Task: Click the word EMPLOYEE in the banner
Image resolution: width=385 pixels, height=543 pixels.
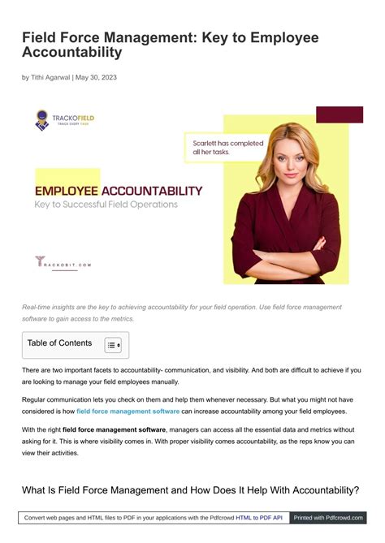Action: coord(67,192)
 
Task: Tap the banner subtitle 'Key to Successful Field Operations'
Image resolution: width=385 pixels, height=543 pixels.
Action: coord(106,205)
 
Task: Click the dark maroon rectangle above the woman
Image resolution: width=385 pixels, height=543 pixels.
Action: coord(339,114)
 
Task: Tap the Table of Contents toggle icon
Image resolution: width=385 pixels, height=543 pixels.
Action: coord(113,346)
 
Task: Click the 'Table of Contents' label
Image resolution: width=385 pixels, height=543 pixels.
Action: coord(59,343)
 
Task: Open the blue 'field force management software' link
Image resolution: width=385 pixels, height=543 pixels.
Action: coord(128,412)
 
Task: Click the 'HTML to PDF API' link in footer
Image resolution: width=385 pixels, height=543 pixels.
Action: coord(259,517)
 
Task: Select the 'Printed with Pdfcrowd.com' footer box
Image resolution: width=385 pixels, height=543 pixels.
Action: coord(328,517)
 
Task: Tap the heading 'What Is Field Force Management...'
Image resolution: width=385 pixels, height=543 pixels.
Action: coord(191,489)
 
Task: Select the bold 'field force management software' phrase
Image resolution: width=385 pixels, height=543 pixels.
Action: coord(114,429)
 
